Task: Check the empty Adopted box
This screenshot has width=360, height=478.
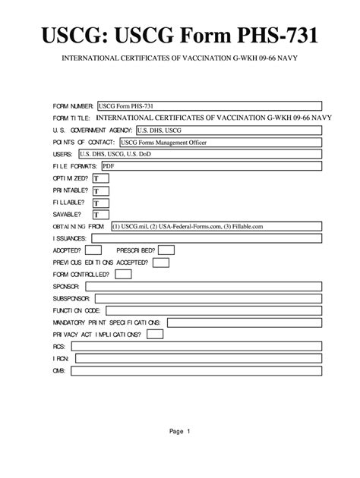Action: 93,250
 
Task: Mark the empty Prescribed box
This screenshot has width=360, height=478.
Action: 166,250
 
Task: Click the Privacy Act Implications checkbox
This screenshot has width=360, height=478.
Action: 154,334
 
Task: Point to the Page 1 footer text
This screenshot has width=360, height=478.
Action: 180,432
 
